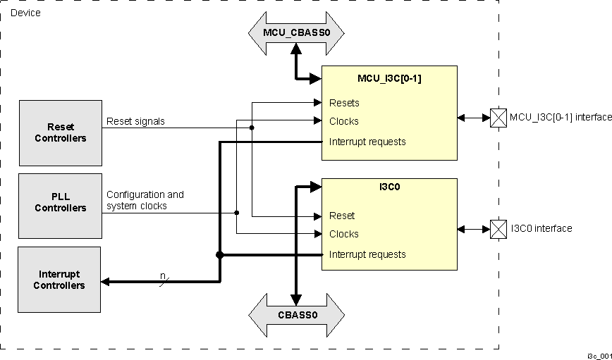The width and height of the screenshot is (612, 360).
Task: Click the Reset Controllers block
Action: coord(61,132)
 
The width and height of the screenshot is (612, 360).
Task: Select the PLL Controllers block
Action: coord(61,202)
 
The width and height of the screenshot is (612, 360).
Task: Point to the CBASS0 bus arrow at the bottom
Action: coord(296,315)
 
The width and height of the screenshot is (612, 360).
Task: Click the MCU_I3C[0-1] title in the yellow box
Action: coord(389,78)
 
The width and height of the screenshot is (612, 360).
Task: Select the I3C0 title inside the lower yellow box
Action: coord(389,189)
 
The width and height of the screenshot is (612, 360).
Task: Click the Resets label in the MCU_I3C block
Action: coord(344,103)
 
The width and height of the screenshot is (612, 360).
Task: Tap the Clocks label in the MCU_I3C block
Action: coord(344,121)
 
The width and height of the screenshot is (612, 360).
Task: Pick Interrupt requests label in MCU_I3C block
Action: coord(367,142)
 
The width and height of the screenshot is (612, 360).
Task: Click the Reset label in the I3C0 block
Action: coord(342,216)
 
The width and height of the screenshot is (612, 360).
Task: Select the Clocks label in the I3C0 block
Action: coord(344,234)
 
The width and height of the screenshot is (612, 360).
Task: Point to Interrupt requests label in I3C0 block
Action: coord(367,254)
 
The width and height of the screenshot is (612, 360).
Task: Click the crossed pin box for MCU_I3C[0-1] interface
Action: coord(498,118)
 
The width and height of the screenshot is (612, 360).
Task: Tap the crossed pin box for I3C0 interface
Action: coord(498,229)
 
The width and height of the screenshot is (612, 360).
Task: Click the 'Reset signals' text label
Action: coord(135,121)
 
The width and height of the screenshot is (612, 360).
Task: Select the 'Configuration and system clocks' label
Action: coord(145,200)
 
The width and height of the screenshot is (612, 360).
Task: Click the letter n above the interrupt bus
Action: coord(163,275)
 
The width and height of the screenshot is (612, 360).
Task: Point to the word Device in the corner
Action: coord(25,13)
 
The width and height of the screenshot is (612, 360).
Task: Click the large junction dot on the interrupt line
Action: coord(220,254)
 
